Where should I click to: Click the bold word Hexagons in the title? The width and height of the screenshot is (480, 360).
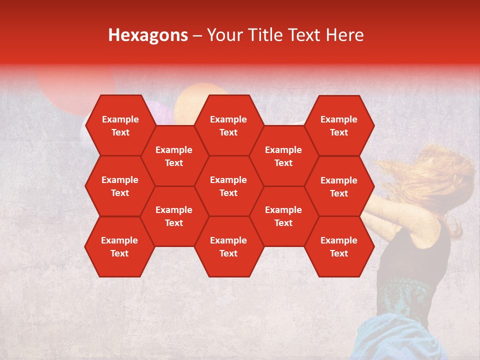[148, 35]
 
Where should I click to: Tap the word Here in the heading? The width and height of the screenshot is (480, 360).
[344, 35]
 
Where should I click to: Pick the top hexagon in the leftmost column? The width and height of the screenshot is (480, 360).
[120, 125]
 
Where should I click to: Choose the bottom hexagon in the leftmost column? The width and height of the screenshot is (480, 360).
[119, 246]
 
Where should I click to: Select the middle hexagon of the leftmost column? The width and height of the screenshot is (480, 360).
[120, 186]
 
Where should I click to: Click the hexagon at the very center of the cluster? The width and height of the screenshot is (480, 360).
[228, 186]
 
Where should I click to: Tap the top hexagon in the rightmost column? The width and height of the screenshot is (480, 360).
[339, 125]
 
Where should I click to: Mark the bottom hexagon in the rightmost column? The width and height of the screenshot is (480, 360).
[339, 246]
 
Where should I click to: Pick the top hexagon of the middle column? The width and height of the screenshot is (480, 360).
[228, 125]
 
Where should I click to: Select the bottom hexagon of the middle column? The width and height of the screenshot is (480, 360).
[228, 246]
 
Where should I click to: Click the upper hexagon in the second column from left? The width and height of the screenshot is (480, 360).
[174, 156]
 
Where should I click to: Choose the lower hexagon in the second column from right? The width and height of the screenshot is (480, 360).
[283, 216]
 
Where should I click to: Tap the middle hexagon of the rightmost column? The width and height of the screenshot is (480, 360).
[339, 186]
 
